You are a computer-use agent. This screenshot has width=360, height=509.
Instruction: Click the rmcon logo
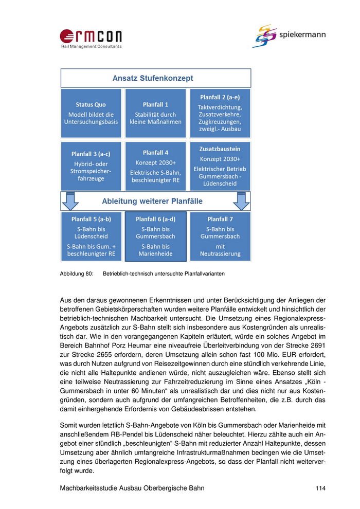point(91,38)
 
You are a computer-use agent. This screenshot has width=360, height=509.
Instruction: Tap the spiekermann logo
point(289,36)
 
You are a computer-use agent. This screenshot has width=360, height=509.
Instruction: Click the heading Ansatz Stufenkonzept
point(153,78)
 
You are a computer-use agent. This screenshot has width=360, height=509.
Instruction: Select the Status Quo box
point(91,113)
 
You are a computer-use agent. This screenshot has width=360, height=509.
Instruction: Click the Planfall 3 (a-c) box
point(91,166)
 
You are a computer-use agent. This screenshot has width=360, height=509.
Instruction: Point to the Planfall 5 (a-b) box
point(91,236)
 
